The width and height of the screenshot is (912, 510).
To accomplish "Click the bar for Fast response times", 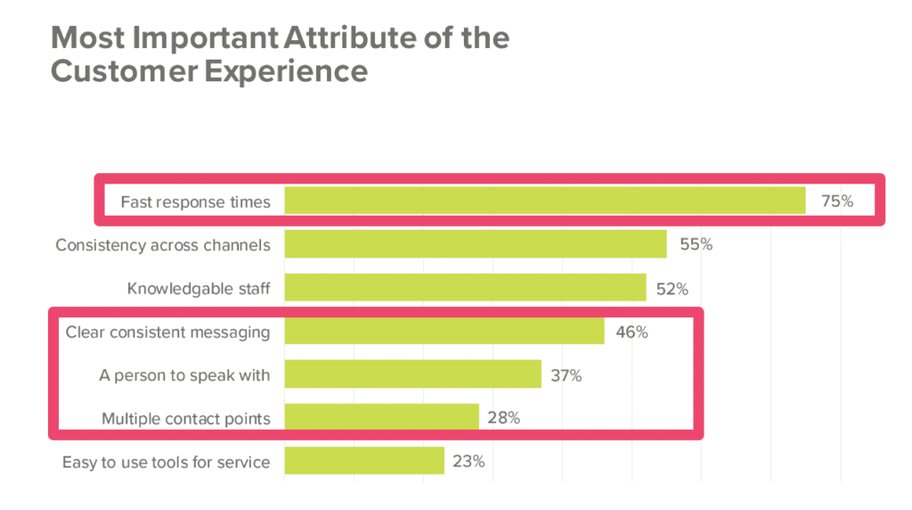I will click(x=545, y=201).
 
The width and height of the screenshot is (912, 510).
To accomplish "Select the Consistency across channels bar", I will click(x=476, y=244).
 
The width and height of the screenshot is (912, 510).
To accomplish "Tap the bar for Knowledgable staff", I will click(x=465, y=288).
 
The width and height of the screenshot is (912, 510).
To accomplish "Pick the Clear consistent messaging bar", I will click(x=444, y=332).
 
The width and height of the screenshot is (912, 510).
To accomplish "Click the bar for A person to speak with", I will click(x=412, y=374).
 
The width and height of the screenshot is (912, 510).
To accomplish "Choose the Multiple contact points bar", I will click(x=381, y=417).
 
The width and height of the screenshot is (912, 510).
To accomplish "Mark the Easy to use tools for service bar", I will click(x=364, y=461).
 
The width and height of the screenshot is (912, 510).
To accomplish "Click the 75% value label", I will click(x=837, y=202).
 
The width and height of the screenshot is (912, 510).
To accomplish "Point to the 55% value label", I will click(x=696, y=244).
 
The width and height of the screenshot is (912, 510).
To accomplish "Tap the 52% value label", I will click(x=672, y=288).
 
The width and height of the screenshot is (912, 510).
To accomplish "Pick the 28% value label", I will click(x=503, y=417).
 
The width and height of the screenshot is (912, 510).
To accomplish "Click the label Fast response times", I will click(x=195, y=202).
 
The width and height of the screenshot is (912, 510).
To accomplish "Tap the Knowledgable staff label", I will click(x=198, y=289).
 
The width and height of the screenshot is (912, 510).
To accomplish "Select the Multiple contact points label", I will click(x=185, y=418).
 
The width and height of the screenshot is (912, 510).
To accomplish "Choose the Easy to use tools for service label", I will click(x=166, y=462).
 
